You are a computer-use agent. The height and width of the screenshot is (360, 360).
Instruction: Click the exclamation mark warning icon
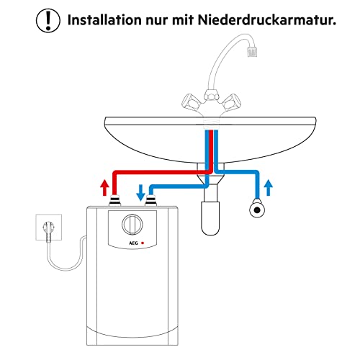(x=48, y=20)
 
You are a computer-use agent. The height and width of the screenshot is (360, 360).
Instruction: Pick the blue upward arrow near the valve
(x=269, y=189)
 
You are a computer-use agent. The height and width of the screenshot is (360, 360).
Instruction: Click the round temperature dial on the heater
(x=131, y=225)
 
